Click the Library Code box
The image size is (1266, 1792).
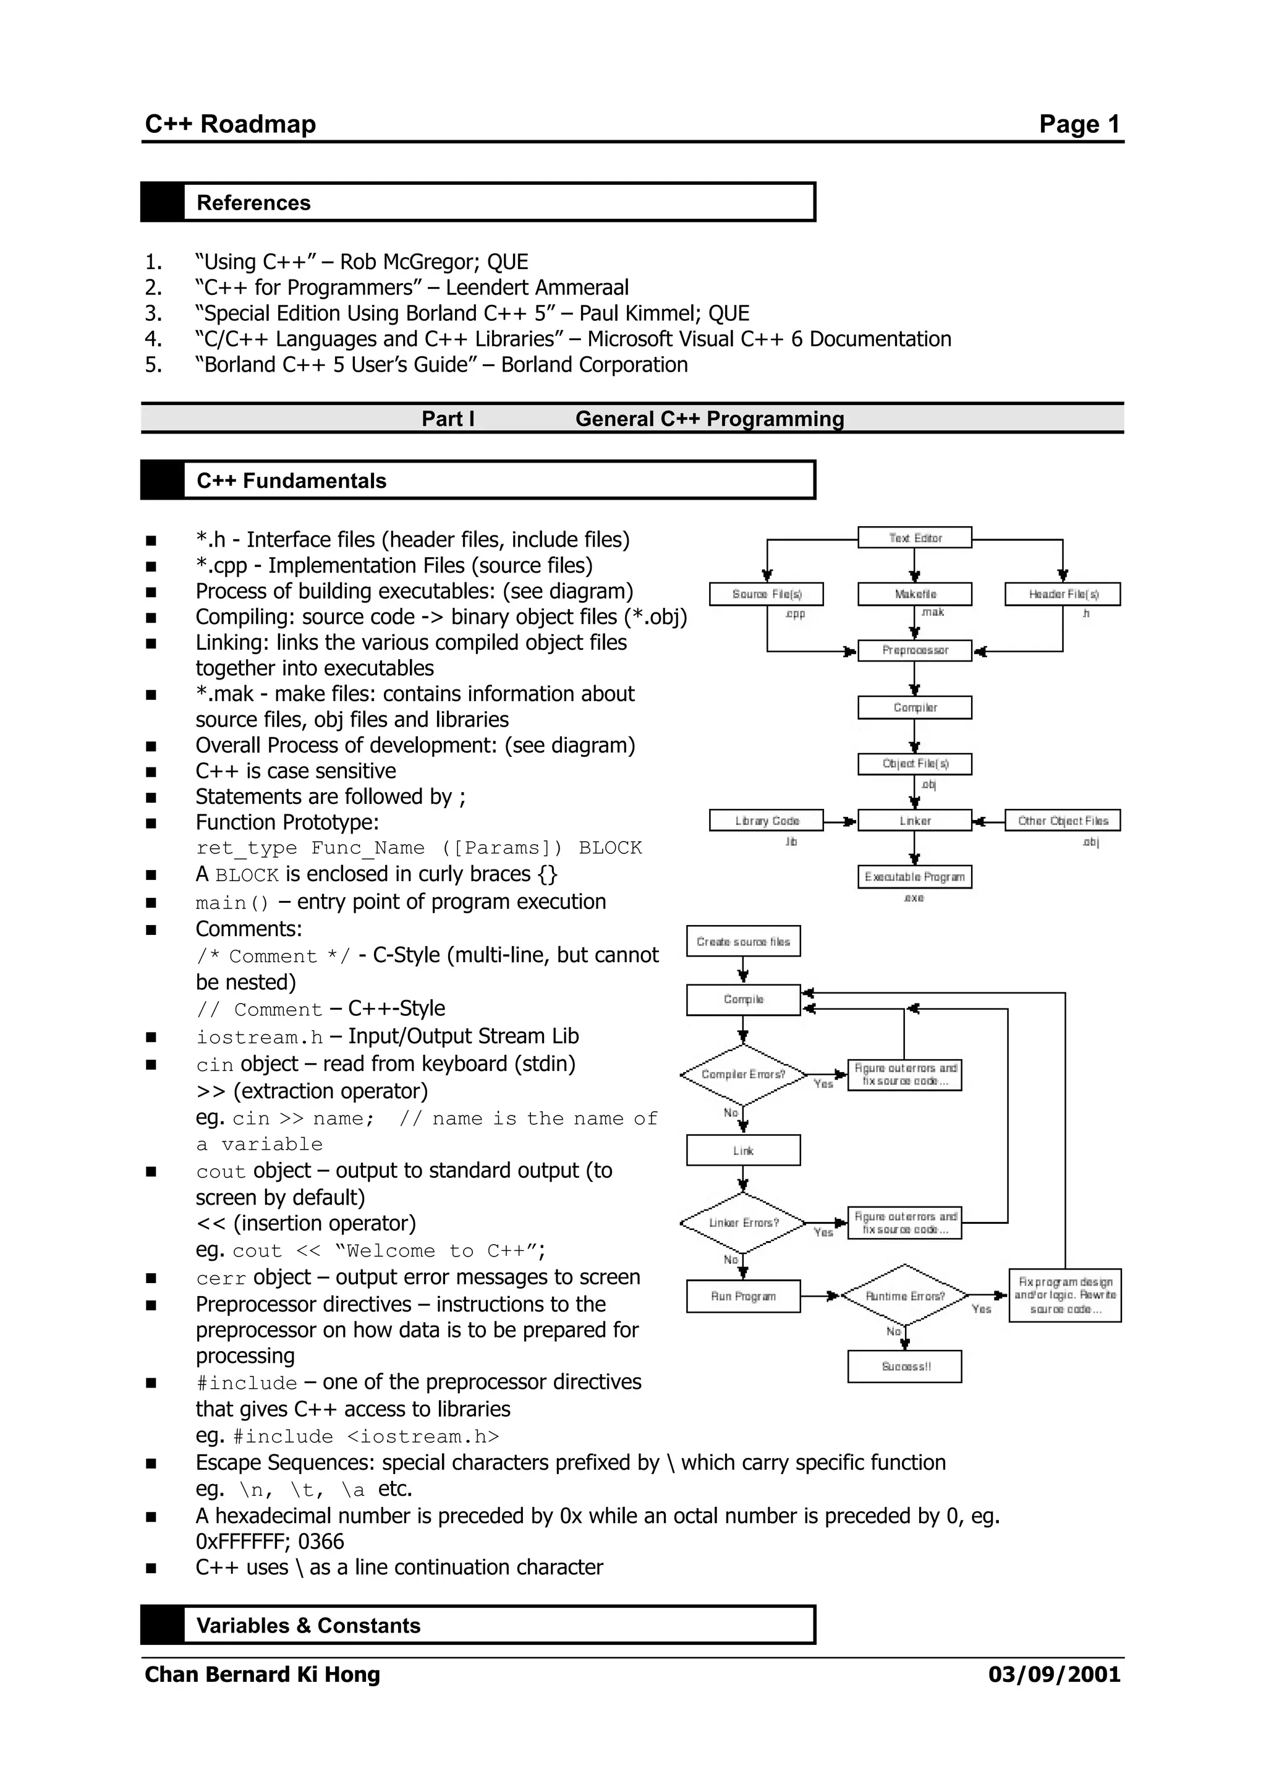click(x=766, y=821)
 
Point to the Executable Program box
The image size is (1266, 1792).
click(x=914, y=876)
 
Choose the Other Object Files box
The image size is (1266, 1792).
click(x=1063, y=821)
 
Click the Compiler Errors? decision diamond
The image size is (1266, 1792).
click(x=744, y=1075)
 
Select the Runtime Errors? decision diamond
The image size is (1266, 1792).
click(x=905, y=1295)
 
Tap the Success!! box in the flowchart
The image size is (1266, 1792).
click(x=905, y=1367)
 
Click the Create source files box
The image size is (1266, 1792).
click(x=744, y=941)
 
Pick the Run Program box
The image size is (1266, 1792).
click(x=744, y=1295)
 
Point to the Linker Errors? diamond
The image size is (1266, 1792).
click(x=744, y=1223)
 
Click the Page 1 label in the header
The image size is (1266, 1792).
click(x=1079, y=124)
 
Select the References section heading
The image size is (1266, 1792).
click(x=253, y=203)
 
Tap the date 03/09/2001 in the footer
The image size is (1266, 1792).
click(x=1054, y=1674)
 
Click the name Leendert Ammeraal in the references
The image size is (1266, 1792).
click(x=537, y=288)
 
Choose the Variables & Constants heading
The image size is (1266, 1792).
click(x=308, y=1626)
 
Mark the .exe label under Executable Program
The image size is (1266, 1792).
click(x=914, y=898)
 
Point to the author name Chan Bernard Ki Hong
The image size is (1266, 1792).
click(x=262, y=1674)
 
